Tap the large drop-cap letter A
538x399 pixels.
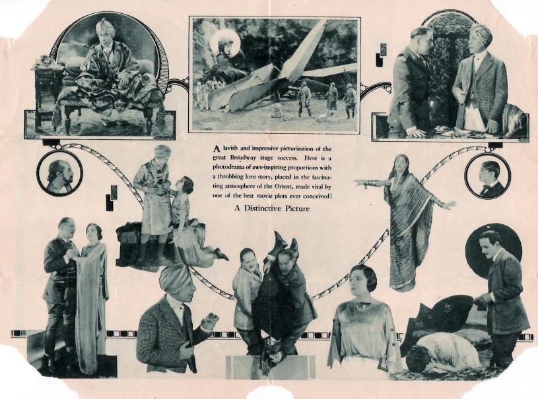click(216, 149)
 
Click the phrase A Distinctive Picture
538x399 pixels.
click(272, 208)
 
